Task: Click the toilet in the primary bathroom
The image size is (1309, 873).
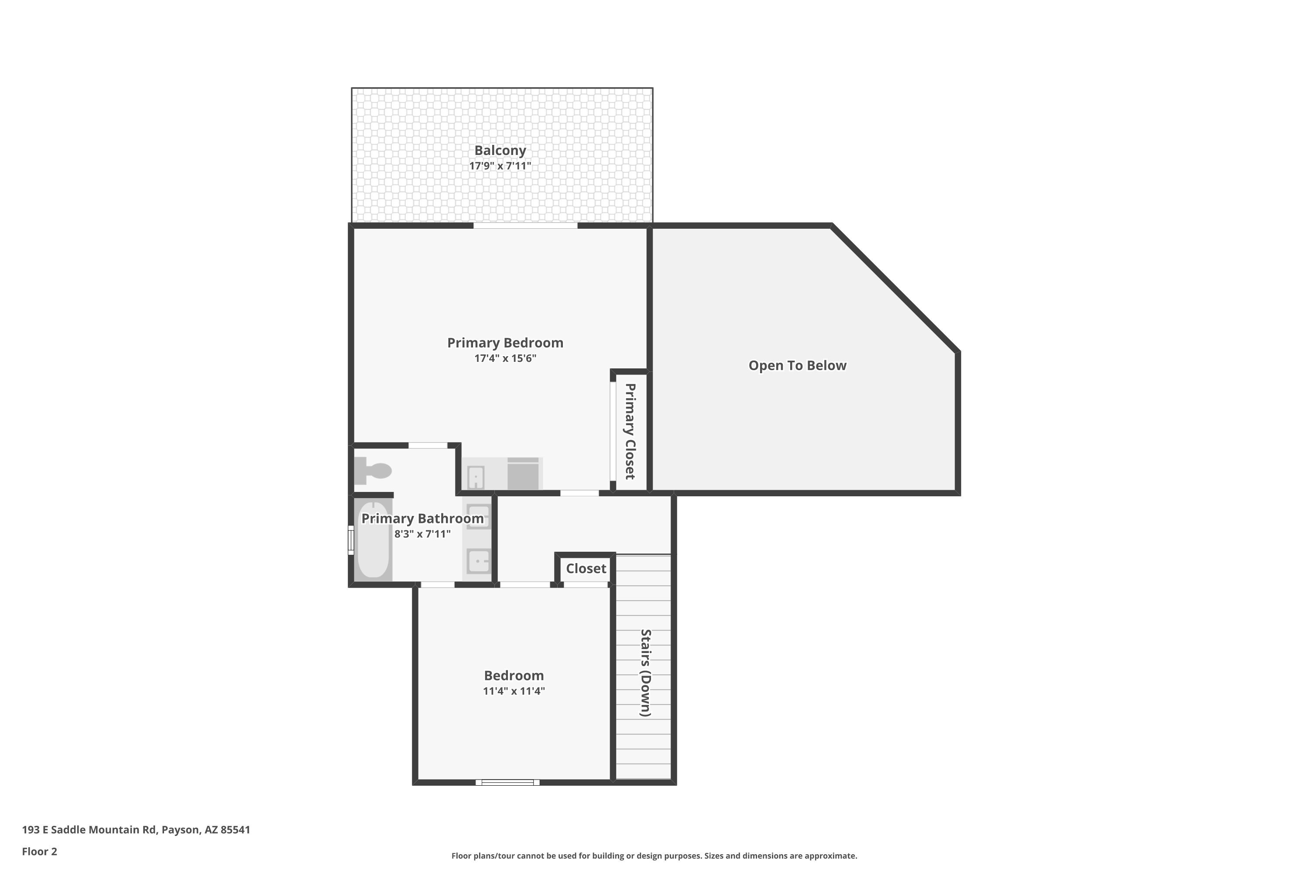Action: (x=373, y=471)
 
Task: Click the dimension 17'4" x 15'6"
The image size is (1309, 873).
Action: (x=505, y=358)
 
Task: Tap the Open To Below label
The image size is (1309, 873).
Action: (x=798, y=366)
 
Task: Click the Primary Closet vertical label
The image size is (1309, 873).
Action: (x=630, y=432)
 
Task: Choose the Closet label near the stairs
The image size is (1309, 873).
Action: (x=586, y=568)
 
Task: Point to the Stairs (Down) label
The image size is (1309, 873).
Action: (x=646, y=673)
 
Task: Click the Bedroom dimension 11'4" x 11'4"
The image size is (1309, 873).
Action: (x=514, y=691)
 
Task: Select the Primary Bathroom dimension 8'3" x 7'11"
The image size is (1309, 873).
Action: (x=422, y=534)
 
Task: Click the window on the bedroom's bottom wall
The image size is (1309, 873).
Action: (x=507, y=782)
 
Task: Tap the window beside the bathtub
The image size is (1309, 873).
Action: (x=351, y=540)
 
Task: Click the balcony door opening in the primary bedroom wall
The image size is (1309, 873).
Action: (x=525, y=226)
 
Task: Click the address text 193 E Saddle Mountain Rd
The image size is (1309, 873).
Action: (x=89, y=830)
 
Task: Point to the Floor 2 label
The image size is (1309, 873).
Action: (x=40, y=851)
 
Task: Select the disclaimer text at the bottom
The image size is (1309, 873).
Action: (x=654, y=856)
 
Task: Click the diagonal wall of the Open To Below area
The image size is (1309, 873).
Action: (x=895, y=288)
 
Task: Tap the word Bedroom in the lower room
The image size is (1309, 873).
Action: (x=514, y=676)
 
